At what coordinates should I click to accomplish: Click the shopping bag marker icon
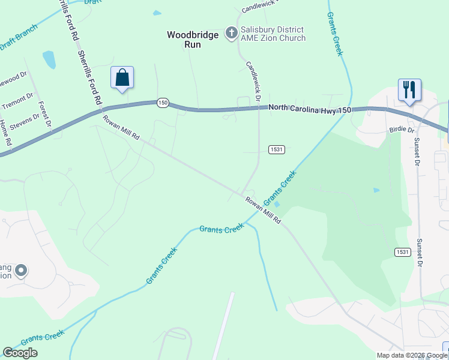[x=122, y=77]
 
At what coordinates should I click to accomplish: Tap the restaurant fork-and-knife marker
[x=409, y=90]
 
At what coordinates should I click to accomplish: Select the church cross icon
[x=231, y=34]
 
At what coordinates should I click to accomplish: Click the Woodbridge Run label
[x=193, y=40]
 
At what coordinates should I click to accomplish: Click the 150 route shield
[x=163, y=103]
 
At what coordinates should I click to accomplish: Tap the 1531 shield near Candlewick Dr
[x=276, y=149]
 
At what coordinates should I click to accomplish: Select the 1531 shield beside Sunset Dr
[x=403, y=252]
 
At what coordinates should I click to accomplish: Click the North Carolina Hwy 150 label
[x=309, y=107]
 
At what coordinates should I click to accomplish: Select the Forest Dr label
[x=44, y=114]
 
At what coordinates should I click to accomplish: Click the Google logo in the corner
[x=20, y=353]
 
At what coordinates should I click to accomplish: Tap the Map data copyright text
[x=412, y=355]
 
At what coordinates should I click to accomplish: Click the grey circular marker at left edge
[x=21, y=271]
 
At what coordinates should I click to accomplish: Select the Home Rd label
[x=5, y=133]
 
